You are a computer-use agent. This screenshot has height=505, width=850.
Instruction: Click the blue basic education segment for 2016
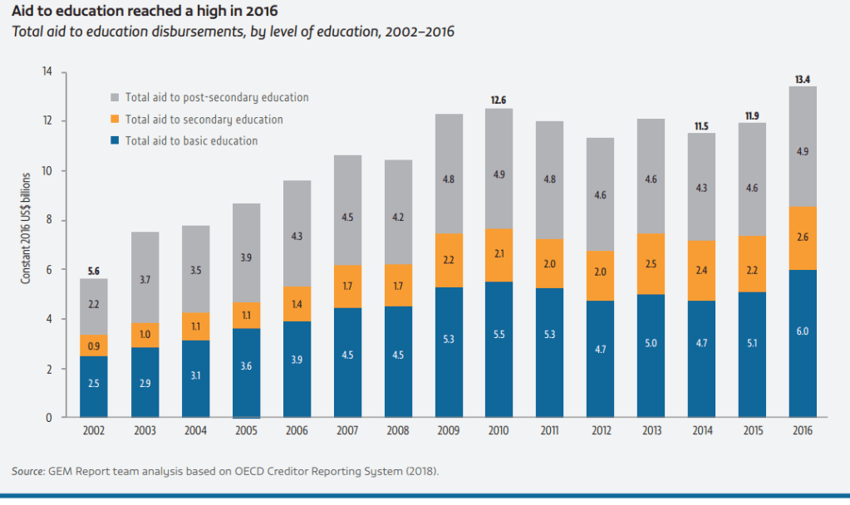tap(802, 344)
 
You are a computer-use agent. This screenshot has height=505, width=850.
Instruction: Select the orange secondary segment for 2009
tap(449, 261)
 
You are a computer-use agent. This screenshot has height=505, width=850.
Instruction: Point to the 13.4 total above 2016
tap(802, 79)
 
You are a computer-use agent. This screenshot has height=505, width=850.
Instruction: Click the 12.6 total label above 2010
tap(499, 100)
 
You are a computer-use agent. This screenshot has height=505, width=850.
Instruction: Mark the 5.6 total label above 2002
tap(94, 270)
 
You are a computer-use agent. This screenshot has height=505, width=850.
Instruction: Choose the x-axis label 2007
tap(347, 432)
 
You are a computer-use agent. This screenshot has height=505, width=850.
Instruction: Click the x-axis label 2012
tap(600, 432)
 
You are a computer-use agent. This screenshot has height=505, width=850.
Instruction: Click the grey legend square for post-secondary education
tap(115, 97)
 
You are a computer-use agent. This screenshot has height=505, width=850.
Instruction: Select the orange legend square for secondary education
tap(115, 120)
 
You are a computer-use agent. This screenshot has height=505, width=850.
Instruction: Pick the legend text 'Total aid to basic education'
tap(191, 141)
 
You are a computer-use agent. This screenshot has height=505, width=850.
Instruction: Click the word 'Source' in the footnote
tap(27, 472)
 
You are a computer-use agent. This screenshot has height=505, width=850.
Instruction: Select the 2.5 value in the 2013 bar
tap(651, 264)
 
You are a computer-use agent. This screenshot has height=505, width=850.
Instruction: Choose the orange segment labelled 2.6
tap(802, 238)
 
